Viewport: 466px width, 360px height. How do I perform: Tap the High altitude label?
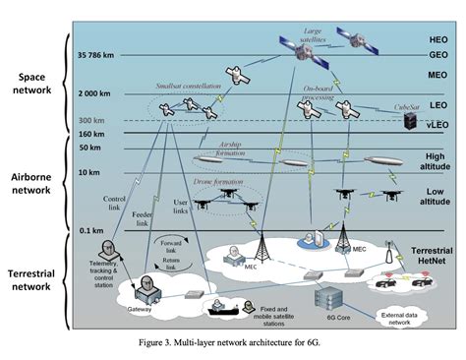point(412,160)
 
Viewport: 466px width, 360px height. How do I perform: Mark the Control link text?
point(117,202)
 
